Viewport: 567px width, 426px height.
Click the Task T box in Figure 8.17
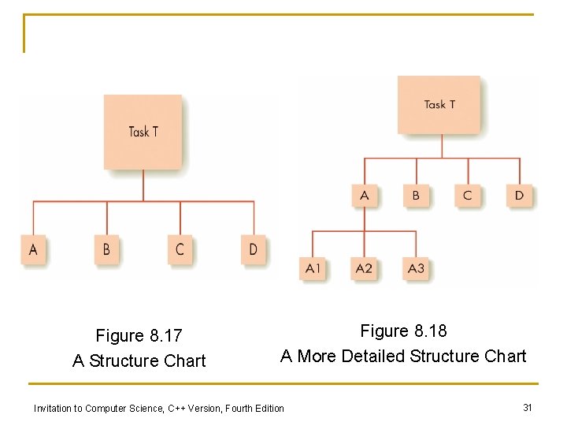pos(143,132)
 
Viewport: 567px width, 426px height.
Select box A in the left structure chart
pos(33,250)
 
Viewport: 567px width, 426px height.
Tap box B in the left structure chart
pos(106,250)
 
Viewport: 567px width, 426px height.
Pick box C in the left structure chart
pos(180,250)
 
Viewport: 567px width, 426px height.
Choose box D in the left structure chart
pos(253,250)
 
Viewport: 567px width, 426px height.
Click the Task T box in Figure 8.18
pos(439,104)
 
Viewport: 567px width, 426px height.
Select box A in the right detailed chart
pos(364,195)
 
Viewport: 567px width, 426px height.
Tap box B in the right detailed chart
pos(416,195)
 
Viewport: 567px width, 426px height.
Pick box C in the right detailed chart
pos(468,195)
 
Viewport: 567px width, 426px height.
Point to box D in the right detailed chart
pos(519,195)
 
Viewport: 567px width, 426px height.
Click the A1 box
pos(313,268)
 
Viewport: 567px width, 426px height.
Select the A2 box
pos(364,268)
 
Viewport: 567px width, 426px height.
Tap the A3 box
pos(416,268)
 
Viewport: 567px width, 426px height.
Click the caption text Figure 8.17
pos(139,336)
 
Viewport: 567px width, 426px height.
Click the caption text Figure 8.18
pos(403,331)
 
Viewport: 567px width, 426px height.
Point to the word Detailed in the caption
pos(374,357)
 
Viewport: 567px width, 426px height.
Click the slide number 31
pos(528,407)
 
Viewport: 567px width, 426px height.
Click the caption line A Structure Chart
pos(139,361)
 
